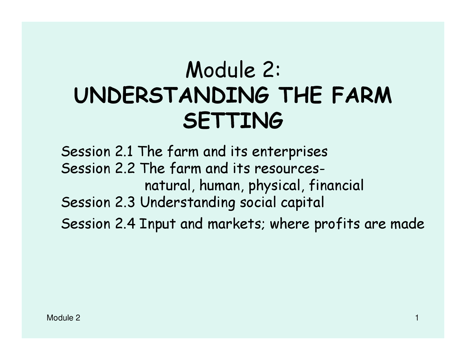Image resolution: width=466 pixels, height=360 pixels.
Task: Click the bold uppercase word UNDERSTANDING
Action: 171,96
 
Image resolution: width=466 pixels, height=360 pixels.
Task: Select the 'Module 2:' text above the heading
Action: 233,70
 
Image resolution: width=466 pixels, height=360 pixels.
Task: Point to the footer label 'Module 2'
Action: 63,318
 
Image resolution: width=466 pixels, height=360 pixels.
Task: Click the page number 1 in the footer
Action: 417,318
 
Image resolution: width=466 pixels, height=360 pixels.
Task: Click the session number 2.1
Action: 124,151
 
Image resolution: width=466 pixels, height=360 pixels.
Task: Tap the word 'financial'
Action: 336,186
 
